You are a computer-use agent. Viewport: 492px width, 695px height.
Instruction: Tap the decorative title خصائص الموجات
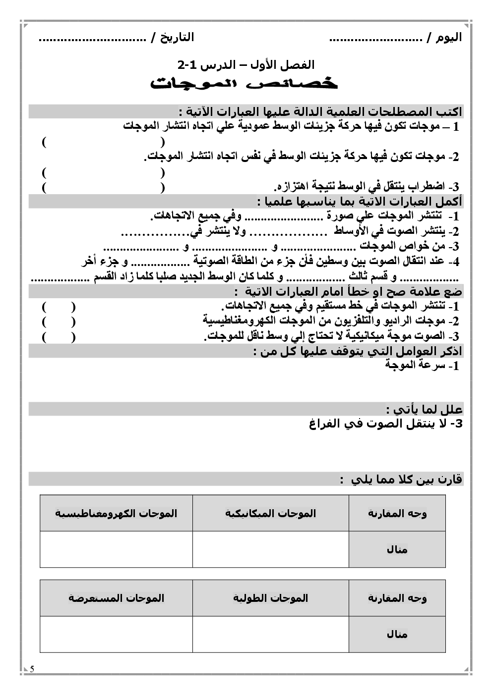pyautogui.click(x=245, y=84)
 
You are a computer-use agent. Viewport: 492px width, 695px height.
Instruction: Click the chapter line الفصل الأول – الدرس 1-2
pyautogui.click(x=246, y=65)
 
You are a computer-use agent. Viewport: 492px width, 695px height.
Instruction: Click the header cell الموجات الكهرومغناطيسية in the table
pyautogui.click(x=116, y=513)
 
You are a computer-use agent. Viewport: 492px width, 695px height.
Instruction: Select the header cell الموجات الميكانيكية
pyautogui.click(x=271, y=513)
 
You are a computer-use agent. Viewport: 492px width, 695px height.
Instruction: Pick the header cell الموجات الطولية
pyautogui.click(x=271, y=598)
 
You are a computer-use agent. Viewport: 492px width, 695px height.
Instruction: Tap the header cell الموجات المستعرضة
pyautogui.click(x=116, y=598)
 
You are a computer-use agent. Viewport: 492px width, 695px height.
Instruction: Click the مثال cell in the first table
pyautogui.click(x=397, y=549)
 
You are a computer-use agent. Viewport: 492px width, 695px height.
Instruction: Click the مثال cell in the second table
pyautogui.click(x=397, y=635)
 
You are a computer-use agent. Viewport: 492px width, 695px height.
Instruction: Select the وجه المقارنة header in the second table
pyautogui.click(x=397, y=598)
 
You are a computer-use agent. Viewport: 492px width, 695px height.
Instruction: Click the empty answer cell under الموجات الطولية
pyautogui.click(x=271, y=635)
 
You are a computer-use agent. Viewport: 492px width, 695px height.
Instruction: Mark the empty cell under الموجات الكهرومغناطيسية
pyautogui.click(x=116, y=549)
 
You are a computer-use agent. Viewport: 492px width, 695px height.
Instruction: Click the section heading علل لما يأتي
pyautogui.click(x=424, y=410)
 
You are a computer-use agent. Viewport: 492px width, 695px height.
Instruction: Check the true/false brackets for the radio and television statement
pyautogui.click(x=59, y=321)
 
